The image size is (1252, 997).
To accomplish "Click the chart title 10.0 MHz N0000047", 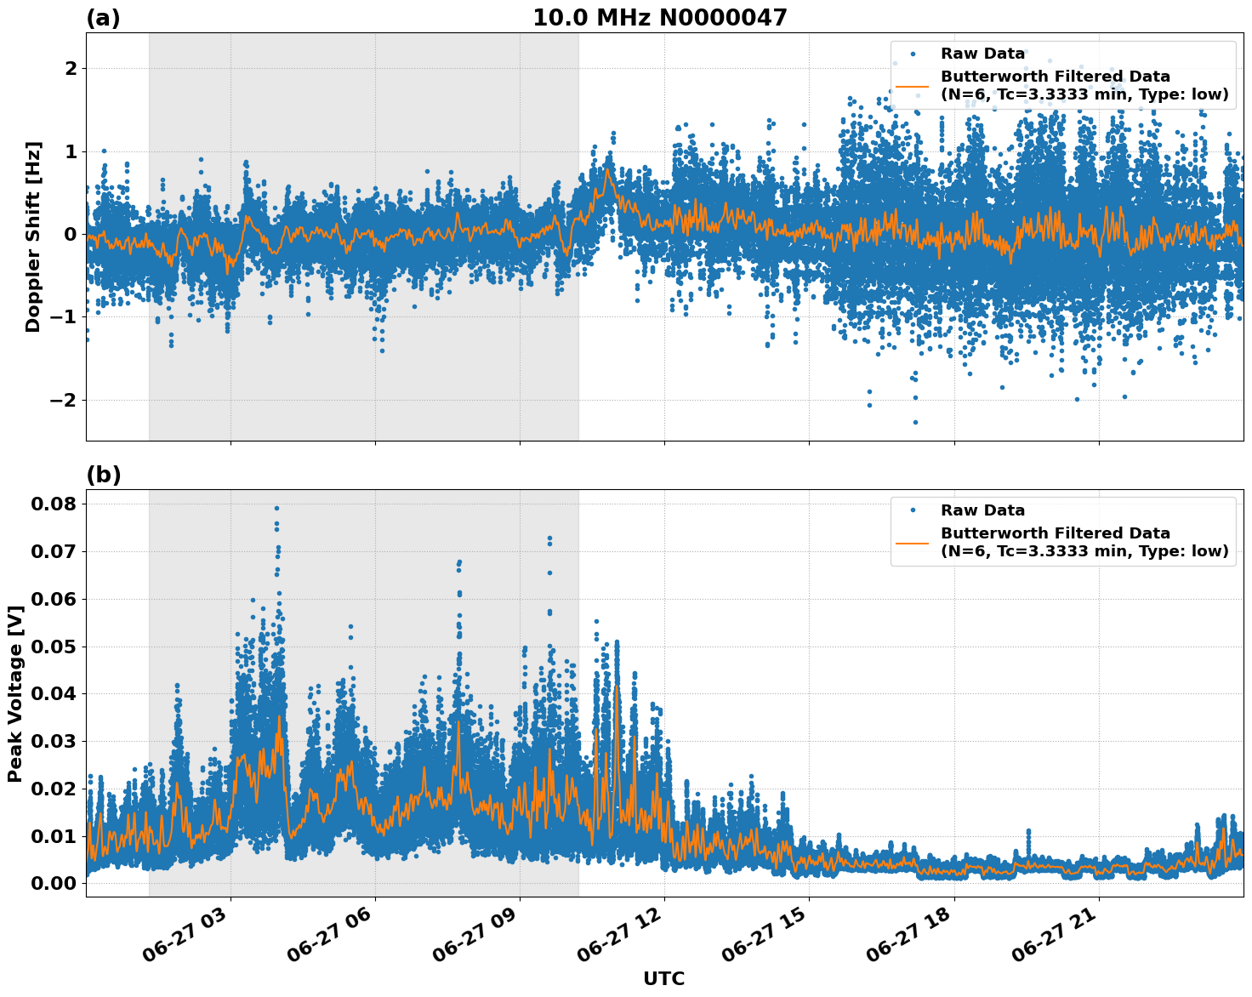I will (x=660, y=18).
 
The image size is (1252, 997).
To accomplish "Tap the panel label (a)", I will (x=103, y=19).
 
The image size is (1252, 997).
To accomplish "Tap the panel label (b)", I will (x=103, y=475).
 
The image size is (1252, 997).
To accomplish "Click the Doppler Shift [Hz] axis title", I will (x=32, y=236).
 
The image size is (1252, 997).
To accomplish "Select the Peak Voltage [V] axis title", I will (x=14, y=693).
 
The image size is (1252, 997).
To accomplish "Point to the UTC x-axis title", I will (x=663, y=978).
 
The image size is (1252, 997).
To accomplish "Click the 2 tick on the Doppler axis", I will (x=71, y=68).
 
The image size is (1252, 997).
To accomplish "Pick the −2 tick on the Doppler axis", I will (x=65, y=400).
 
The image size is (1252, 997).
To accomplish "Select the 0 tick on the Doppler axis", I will (x=71, y=234).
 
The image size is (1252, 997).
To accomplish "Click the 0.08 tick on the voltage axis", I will (x=53, y=504).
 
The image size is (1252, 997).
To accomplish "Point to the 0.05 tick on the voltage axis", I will (x=53, y=647).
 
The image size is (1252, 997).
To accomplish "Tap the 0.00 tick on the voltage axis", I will (x=53, y=883).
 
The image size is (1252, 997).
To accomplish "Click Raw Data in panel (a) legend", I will (x=982, y=54).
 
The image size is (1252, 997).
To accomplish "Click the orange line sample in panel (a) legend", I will (x=912, y=86).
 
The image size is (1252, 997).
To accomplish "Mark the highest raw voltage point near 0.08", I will (x=276, y=508).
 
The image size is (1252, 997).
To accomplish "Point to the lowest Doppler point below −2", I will (x=915, y=422).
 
